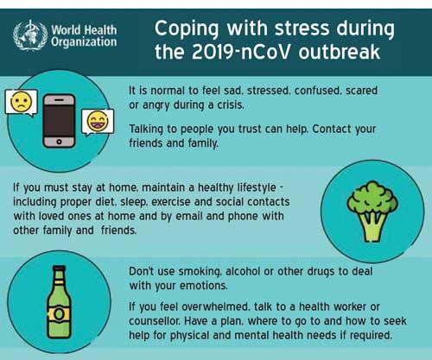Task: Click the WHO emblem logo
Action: point(30,35)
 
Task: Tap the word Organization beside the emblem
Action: point(84,42)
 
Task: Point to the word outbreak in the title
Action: point(340,52)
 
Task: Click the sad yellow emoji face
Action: point(21,102)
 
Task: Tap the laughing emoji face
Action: point(98,121)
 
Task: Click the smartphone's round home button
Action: point(59,142)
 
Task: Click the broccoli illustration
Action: point(372,211)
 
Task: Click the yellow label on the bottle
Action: point(59,314)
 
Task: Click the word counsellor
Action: point(155,321)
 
